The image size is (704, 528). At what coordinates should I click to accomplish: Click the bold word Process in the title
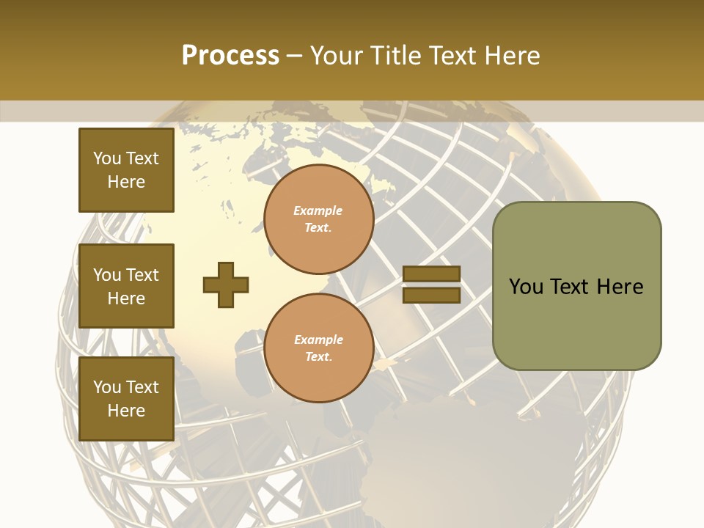(x=230, y=55)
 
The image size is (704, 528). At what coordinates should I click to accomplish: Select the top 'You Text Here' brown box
(x=126, y=170)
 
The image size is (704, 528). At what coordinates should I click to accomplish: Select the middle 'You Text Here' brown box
(x=126, y=286)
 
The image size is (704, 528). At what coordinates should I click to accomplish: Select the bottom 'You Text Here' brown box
(x=126, y=399)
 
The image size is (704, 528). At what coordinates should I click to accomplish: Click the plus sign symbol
(x=226, y=285)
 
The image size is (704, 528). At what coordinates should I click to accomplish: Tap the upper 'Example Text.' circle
(x=319, y=219)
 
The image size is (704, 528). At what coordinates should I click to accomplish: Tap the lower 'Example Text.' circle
(x=319, y=348)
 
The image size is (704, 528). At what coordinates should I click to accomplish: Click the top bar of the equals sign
(x=432, y=274)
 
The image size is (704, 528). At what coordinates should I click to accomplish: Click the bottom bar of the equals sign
(x=432, y=296)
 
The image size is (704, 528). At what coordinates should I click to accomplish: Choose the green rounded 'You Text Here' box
(x=576, y=286)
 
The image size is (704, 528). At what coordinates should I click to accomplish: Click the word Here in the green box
(x=620, y=287)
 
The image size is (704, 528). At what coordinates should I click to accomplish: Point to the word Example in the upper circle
(x=318, y=210)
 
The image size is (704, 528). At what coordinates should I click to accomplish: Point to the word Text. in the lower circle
(x=318, y=357)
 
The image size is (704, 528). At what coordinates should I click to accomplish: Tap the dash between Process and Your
(x=294, y=56)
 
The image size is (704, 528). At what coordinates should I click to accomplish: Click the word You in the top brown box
(x=107, y=158)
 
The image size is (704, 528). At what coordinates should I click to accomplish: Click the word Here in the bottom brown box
(x=126, y=411)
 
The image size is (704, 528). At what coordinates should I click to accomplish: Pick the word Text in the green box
(x=571, y=287)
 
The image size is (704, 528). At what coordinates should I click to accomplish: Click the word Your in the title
(x=336, y=55)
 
